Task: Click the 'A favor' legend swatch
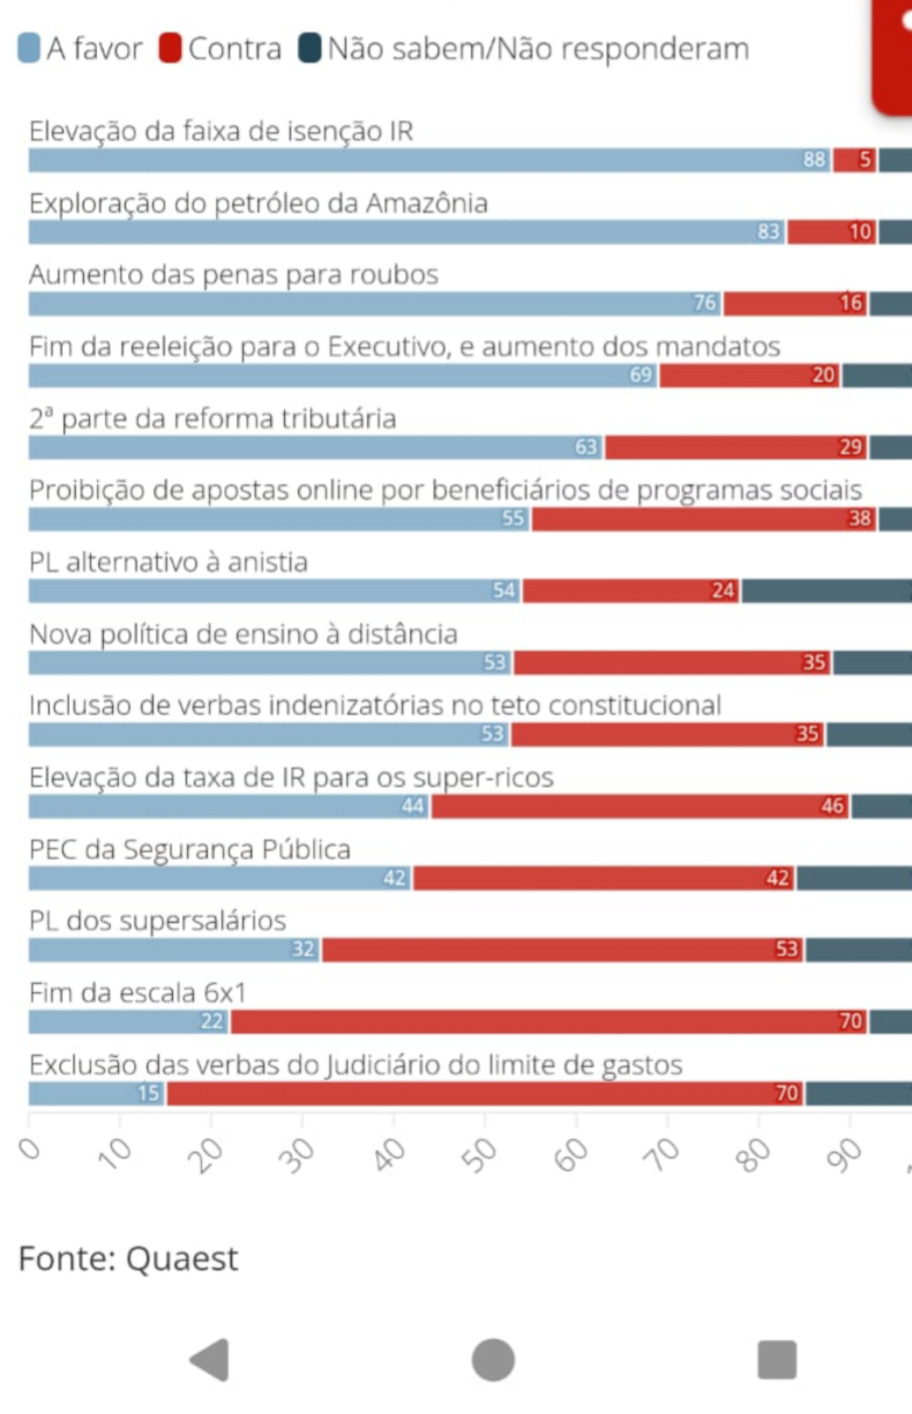pyautogui.click(x=29, y=49)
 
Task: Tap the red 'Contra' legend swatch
pyautogui.click(x=170, y=49)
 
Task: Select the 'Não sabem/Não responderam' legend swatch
pyautogui.click(x=310, y=49)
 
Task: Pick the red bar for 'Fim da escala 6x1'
pyautogui.click(x=548, y=1021)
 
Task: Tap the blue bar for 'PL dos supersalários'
pyautogui.click(x=174, y=949)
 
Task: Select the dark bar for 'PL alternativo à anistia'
pyautogui.click(x=826, y=591)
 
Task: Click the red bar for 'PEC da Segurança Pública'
pyautogui.click(x=603, y=878)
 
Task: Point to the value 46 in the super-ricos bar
pyautogui.click(x=833, y=806)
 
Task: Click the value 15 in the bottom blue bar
pyautogui.click(x=149, y=1093)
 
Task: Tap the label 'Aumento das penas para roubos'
pyautogui.click(x=233, y=275)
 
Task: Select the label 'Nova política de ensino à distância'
pyautogui.click(x=243, y=634)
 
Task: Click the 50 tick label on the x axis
pyautogui.click(x=479, y=1155)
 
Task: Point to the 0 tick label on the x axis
pyautogui.click(x=30, y=1149)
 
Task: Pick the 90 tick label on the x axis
pyautogui.click(x=844, y=1155)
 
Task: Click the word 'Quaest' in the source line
pyautogui.click(x=182, y=1259)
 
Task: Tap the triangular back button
pyautogui.click(x=211, y=1360)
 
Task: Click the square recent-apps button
pyautogui.click(x=777, y=1360)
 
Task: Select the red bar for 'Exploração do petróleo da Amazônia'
pyautogui.click(x=831, y=232)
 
